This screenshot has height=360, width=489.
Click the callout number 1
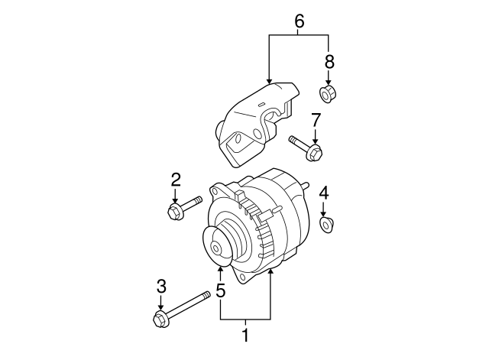tap(246, 336)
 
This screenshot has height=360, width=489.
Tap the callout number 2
tap(176, 180)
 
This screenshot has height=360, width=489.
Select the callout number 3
tap(161, 287)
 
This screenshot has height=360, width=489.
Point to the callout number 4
tap(324, 193)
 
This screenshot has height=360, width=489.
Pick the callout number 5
tap(221, 290)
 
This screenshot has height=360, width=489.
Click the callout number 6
tap(299, 22)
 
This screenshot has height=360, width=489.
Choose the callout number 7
tap(316, 121)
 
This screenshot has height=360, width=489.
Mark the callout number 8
tap(329, 62)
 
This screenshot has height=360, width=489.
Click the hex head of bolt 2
tap(174, 212)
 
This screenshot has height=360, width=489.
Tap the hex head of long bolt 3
tap(160, 319)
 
